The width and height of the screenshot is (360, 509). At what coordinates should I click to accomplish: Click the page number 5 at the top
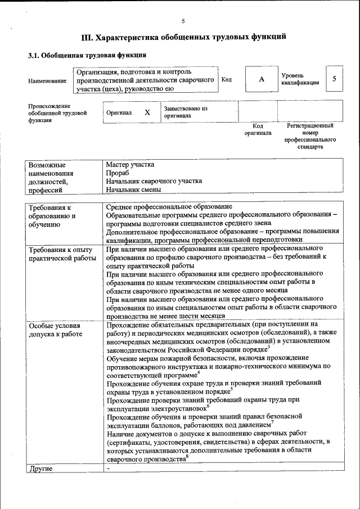(x=183, y=21)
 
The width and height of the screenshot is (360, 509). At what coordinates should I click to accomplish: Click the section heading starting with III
(x=184, y=37)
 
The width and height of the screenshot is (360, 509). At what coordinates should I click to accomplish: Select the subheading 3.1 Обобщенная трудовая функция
(x=87, y=55)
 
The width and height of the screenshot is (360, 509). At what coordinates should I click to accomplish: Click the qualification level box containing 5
(x=334, y=79)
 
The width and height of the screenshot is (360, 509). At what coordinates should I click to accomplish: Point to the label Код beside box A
(x=227, y=80)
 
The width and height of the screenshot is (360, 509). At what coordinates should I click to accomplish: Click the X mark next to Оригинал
(x=147, y=112)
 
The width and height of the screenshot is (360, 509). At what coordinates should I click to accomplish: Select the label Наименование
(x=47, y=82)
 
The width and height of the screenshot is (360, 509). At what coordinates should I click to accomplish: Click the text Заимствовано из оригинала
(x=185, y=112)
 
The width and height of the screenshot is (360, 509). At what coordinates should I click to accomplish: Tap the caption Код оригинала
(x=258, y=129)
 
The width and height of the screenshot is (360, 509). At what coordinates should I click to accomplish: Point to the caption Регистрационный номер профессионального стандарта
(x=310, y=136)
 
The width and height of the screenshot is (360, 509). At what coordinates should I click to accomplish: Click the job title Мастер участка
(x=130, y=165)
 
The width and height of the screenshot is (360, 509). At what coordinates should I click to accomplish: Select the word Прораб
(x=118, y=173)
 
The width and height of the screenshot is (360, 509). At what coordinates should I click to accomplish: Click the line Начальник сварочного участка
(x=154, y=181)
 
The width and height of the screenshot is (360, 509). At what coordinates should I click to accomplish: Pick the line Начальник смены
(x=133, y=190)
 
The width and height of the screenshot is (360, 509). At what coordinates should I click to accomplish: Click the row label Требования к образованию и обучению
(x=52, y=216)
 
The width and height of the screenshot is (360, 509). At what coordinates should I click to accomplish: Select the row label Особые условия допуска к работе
(x=55, y=330)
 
